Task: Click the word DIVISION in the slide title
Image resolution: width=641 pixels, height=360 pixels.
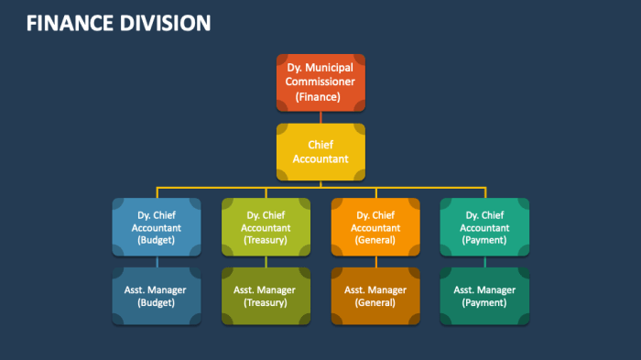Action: pos(166,23)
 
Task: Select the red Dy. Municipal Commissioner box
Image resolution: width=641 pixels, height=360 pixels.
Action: pos(320,82)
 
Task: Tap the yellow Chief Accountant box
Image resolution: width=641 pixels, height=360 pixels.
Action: pos(320,151)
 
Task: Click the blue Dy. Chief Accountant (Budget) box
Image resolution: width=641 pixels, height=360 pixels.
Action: pos(157,226)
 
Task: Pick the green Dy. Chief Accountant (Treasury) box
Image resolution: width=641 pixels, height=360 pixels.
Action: pos(266,226)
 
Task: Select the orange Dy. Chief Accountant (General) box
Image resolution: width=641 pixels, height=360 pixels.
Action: pos(375,226)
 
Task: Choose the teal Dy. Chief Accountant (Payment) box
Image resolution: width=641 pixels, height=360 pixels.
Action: pos(484,226)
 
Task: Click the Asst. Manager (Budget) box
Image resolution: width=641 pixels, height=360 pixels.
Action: pos(157,296)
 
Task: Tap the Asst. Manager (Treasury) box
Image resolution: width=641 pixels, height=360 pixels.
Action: pos(266,296)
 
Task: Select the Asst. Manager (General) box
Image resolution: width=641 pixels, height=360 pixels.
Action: pos(375,296)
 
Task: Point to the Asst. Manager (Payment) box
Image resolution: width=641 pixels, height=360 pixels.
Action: pos(484,296)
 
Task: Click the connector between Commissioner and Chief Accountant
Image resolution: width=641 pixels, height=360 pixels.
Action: pos(320,117)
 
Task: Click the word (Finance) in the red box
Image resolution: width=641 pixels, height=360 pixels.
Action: pos(320,96)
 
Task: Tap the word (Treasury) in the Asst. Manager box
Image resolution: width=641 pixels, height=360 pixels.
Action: pos(266,302)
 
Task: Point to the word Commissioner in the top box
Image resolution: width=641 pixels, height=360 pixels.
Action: pos(320,82)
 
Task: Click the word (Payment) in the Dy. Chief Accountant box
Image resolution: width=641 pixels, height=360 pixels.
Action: pos(484,240)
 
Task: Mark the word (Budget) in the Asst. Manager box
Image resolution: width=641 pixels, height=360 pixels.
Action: pos(157,302)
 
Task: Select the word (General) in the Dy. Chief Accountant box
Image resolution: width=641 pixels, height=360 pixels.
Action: pos(375,240)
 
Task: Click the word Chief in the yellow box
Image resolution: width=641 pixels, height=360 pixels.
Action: pos(320,145)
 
